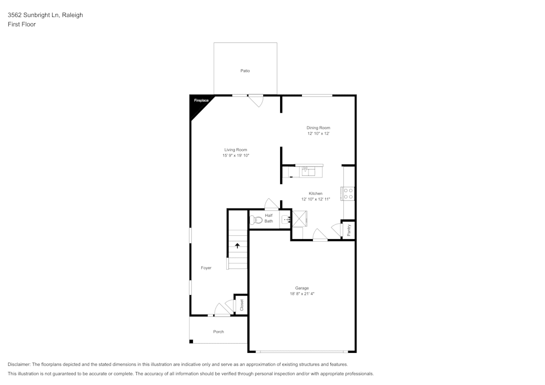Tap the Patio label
(245, 71)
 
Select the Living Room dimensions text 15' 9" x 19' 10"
(235, 156)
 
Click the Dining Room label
(318, 128)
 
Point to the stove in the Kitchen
(348, 193)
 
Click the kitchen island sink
(308, 171)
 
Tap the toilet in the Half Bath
(256, 221)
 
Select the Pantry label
(349, 230)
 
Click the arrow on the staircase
(237, 246)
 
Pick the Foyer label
(206, 268)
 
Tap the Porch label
(218, 332)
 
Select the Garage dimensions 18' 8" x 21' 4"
(302, 294)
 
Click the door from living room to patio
(256, 101)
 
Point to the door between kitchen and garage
(320, 235)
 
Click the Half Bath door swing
(271, 204)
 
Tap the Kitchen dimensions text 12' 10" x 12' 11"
(316, 199)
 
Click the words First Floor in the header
(22, 25)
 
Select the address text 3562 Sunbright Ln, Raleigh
(45, 15)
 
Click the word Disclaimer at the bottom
(19, 364)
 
